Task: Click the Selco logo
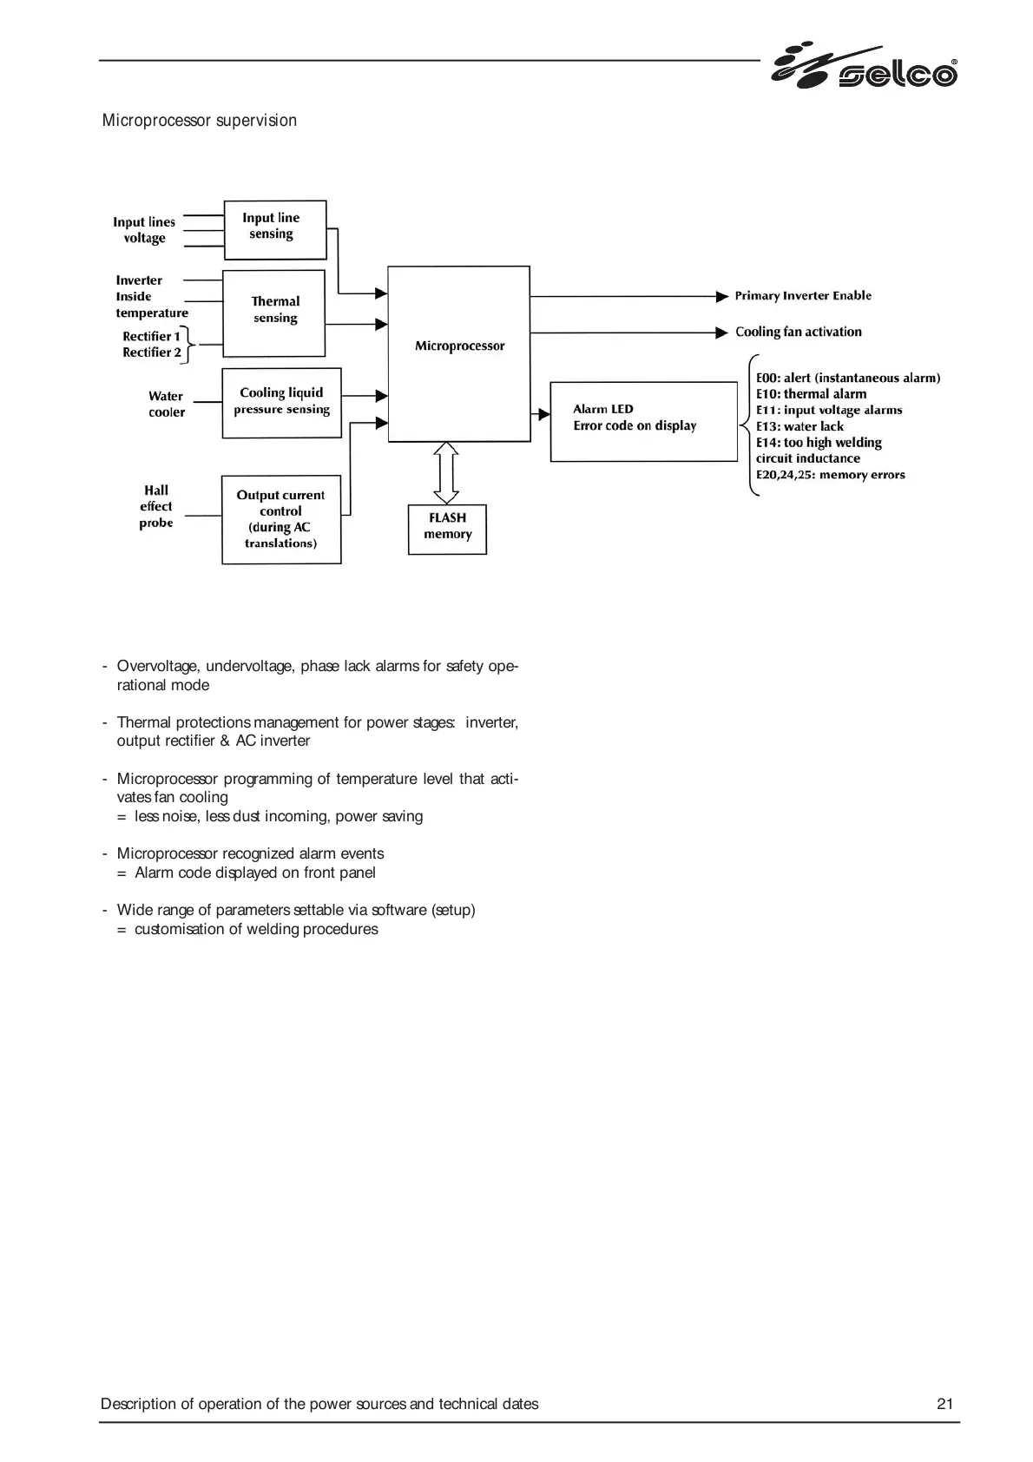[x=865, y=66]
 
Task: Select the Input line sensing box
[x=274, y=229]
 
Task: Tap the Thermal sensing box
[x=274, y=313]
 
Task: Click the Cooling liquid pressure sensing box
[x=281, y=402]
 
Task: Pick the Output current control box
[x=280, y=519]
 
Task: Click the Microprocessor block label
[x=459, y=346]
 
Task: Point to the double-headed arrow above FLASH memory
[x=446, y=472]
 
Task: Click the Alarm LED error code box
[x=643, y=420]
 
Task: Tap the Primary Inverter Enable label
[x=803, y=296]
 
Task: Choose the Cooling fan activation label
[x=798, y=332]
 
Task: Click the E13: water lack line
[x=799, y=426]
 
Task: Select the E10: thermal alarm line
[x=811, y=394]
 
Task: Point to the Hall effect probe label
[x=156, y=507]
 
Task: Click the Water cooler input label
[x=166, y=404]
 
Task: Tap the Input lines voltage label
[x=144, y=230]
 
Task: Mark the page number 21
[x=944, y=1404]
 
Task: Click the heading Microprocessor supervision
[x=200, y=121]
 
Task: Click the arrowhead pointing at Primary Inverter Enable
[x=722, y=297]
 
